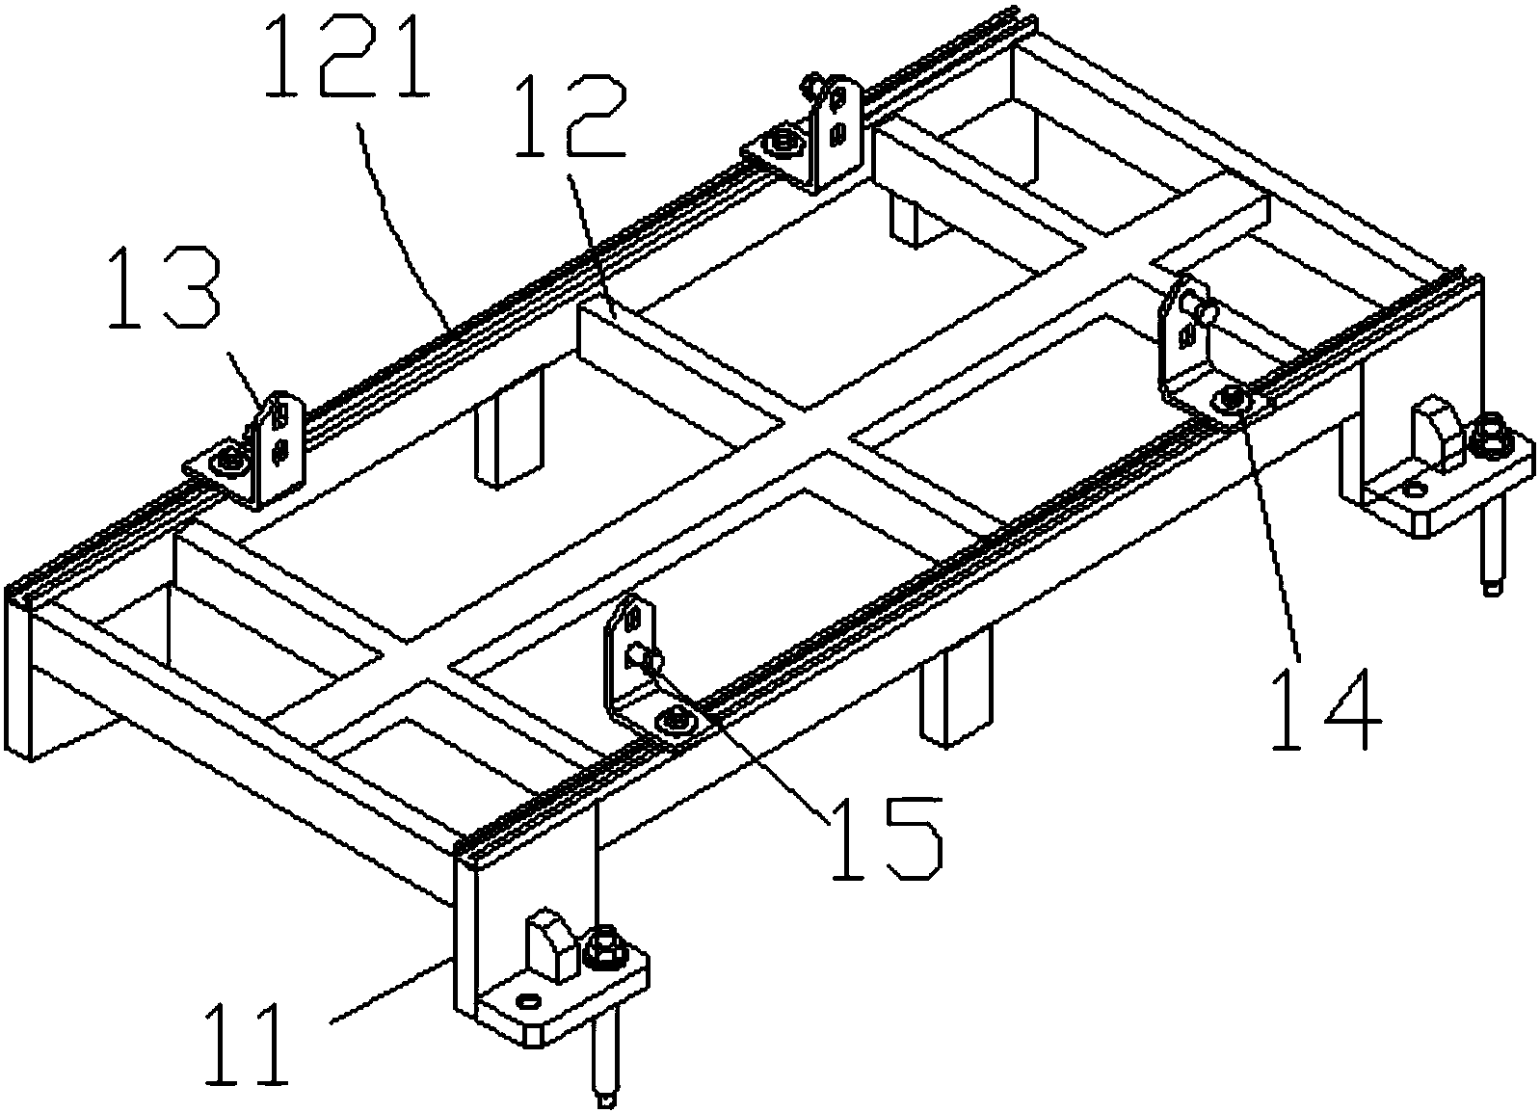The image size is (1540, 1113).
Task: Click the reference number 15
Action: coord(887,838)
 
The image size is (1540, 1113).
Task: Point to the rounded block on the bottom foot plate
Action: coord(550,944)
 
